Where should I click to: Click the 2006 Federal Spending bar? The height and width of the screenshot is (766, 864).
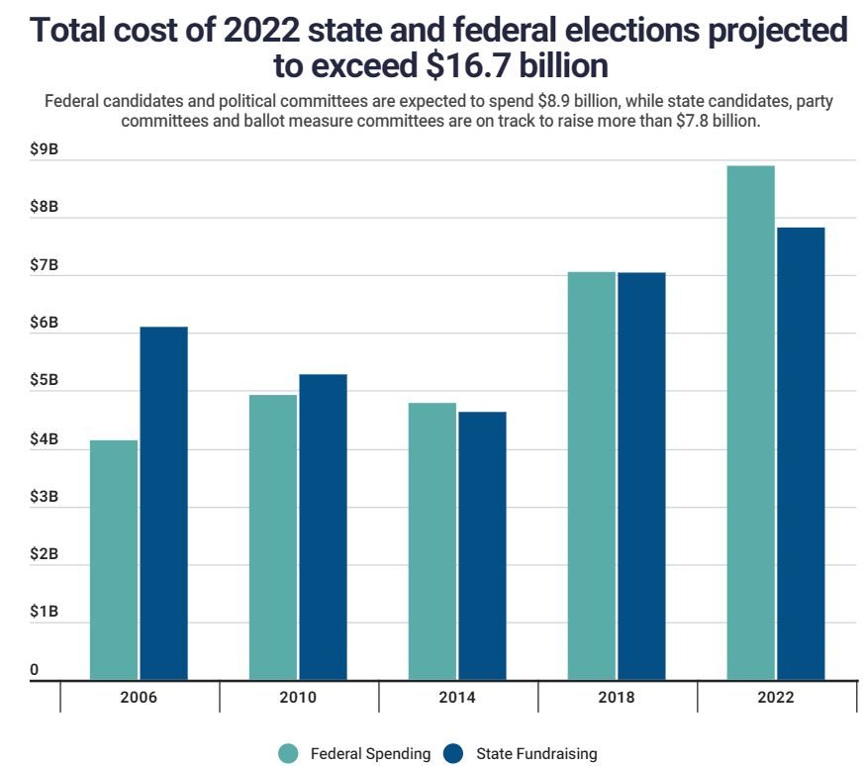coord(114,560)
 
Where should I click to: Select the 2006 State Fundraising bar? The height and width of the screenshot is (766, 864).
coord(163,504)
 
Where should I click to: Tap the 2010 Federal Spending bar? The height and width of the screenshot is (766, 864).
coord(273,537)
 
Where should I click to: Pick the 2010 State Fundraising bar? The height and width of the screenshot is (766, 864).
coord(323,527)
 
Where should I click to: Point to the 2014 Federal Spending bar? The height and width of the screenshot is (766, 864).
coord(432,541)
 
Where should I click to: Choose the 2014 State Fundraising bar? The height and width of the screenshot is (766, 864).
coord(482,546)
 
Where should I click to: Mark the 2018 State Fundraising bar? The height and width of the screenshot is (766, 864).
coord(641,476)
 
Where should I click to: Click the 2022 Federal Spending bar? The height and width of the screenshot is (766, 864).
coord(751,423)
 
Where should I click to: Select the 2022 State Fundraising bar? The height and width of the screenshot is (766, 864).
coord(801,454)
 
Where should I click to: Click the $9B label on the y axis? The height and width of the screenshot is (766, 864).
coord(44,149)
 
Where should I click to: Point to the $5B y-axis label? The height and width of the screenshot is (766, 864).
coord(44,381)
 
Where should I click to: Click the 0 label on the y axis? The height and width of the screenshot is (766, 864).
coord(35,670)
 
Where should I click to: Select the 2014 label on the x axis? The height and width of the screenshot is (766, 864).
coord(457,697)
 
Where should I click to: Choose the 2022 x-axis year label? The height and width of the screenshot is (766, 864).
coord(776,697)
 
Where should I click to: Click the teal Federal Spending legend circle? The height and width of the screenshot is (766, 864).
coord(288,754)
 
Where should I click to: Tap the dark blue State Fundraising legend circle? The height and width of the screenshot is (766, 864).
coord(454,754)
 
